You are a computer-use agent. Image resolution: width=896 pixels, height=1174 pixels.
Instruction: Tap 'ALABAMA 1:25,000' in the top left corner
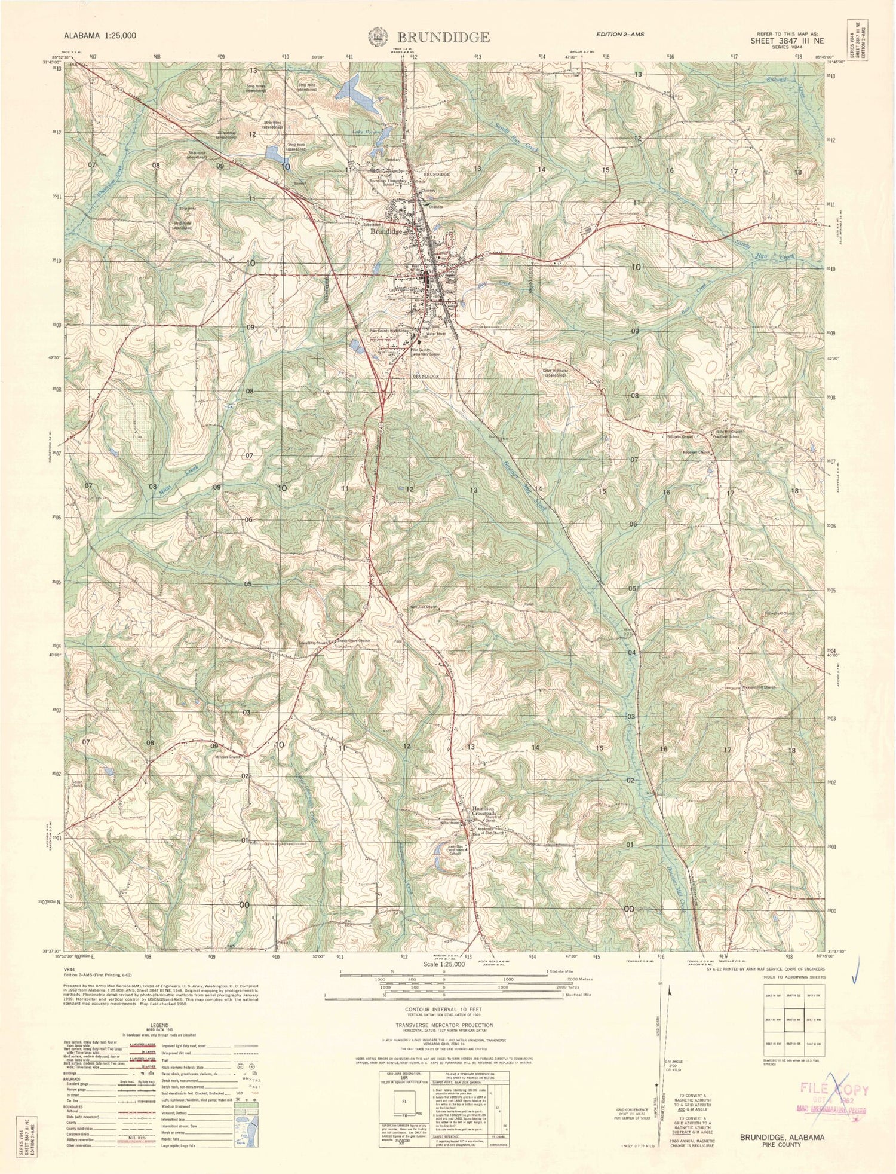pos(103,36)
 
